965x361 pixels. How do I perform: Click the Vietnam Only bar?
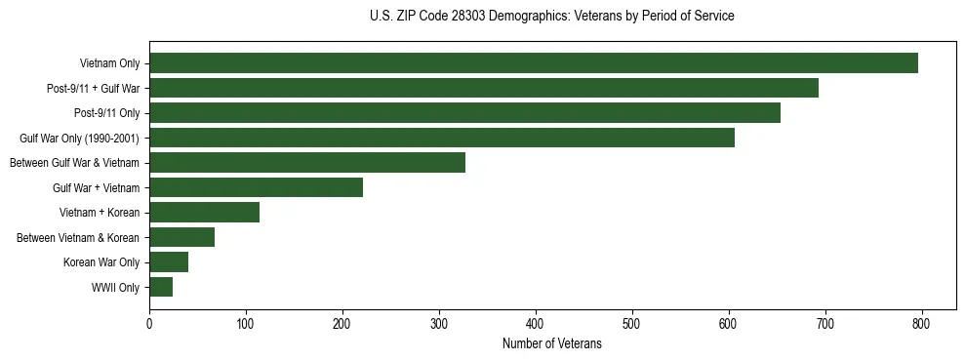coord(534,63)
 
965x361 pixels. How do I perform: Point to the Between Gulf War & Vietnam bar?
coord(307,163)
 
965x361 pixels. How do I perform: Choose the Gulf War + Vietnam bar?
coord(256,187)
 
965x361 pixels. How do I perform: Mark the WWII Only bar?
coord(161,287)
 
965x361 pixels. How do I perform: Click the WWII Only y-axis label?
coord(115,288)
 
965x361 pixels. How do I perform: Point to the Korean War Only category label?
coord(101,262)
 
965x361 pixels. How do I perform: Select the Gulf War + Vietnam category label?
coord(97,187)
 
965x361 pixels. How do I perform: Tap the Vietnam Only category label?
coord(109,63)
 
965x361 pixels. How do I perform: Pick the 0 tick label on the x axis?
coord(149,323)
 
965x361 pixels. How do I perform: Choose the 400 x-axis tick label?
coord(536,323)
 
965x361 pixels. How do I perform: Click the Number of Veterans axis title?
coord(552,344)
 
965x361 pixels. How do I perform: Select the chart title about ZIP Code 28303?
coord(552,17)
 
